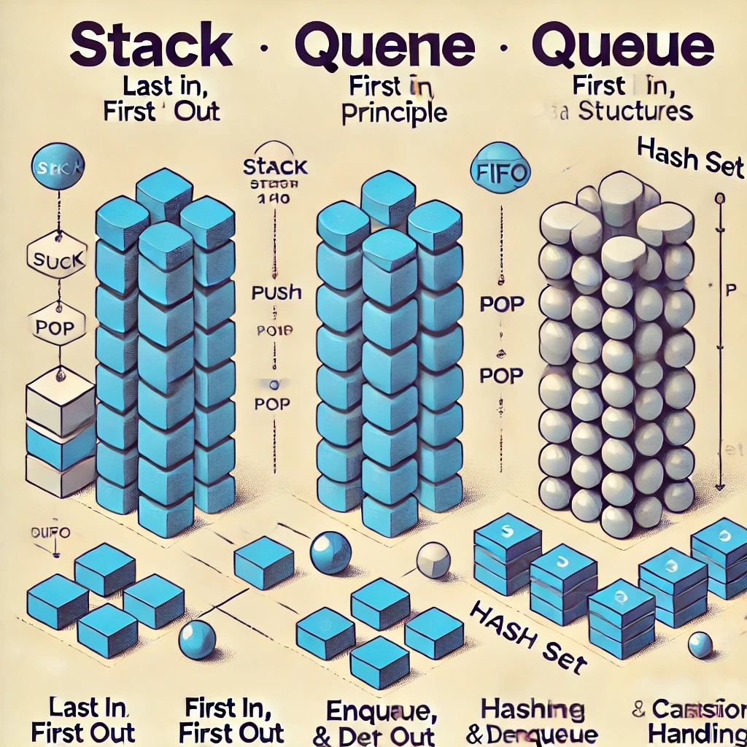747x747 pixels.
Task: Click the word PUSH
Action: point(276,293)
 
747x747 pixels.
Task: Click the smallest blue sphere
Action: point(700,644)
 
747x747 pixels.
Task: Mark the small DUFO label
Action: point(51,533)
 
